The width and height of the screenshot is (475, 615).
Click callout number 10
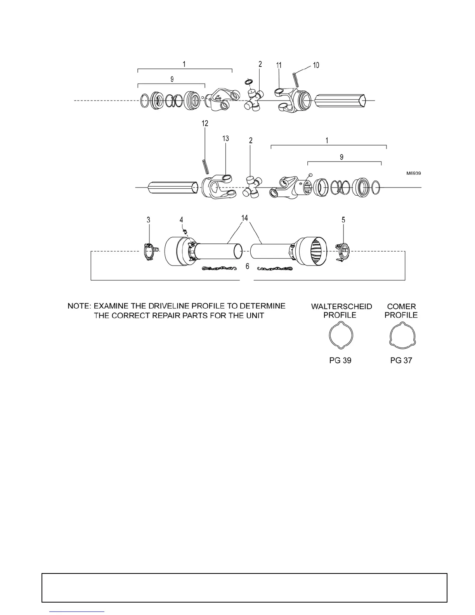coord(316,65)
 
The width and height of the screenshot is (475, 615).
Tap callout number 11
coord(279,65)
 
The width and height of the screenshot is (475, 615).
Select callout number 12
coord(205,123)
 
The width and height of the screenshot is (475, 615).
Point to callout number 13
coord(225,139)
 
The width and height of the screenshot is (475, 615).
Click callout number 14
coord(244,218)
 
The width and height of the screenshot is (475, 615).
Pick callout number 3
coord(148,220)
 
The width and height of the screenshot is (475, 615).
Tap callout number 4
coord(181,220)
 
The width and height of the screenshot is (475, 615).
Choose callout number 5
coord(343,220)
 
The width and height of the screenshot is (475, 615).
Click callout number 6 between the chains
coord(247,267)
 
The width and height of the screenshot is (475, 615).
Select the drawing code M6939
coord(414,174)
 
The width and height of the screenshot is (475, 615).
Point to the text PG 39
coord(340,360)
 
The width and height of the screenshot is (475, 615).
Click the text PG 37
coord(401,360)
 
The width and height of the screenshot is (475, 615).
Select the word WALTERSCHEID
coord(342,307)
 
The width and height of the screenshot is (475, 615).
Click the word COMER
coord(401,307)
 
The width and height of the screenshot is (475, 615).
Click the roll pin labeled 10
coord(295,80)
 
